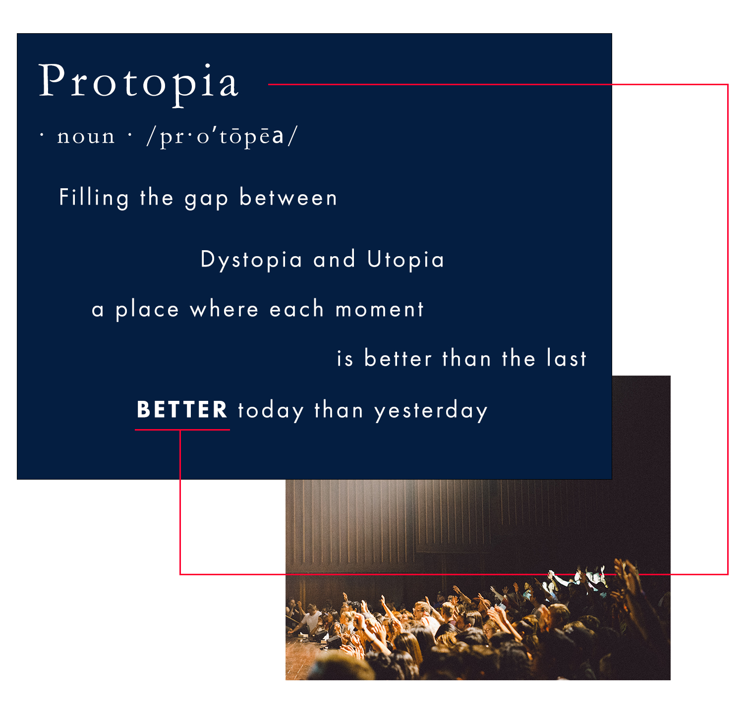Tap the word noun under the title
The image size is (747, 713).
point(86,136)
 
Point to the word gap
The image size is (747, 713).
point(206,199)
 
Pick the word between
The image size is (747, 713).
point(288,198)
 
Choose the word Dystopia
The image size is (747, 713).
point(251,260)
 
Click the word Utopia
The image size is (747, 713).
point(405,260)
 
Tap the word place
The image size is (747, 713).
point(147,310)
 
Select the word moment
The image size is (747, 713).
point(380,310)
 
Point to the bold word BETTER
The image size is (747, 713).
point(182,410)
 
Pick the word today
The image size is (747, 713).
point(271,411)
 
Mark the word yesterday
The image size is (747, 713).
point(431,411)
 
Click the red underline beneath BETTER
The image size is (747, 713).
point(182,430)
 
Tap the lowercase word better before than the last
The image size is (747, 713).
point(398,359)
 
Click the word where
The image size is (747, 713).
point(224,310)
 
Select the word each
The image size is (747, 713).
point(296,310)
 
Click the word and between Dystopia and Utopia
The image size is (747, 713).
point(335,260)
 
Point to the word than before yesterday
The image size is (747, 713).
point(339,411)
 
